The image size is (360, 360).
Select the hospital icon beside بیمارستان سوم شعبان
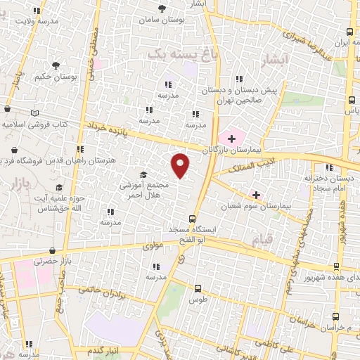point(256,194)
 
